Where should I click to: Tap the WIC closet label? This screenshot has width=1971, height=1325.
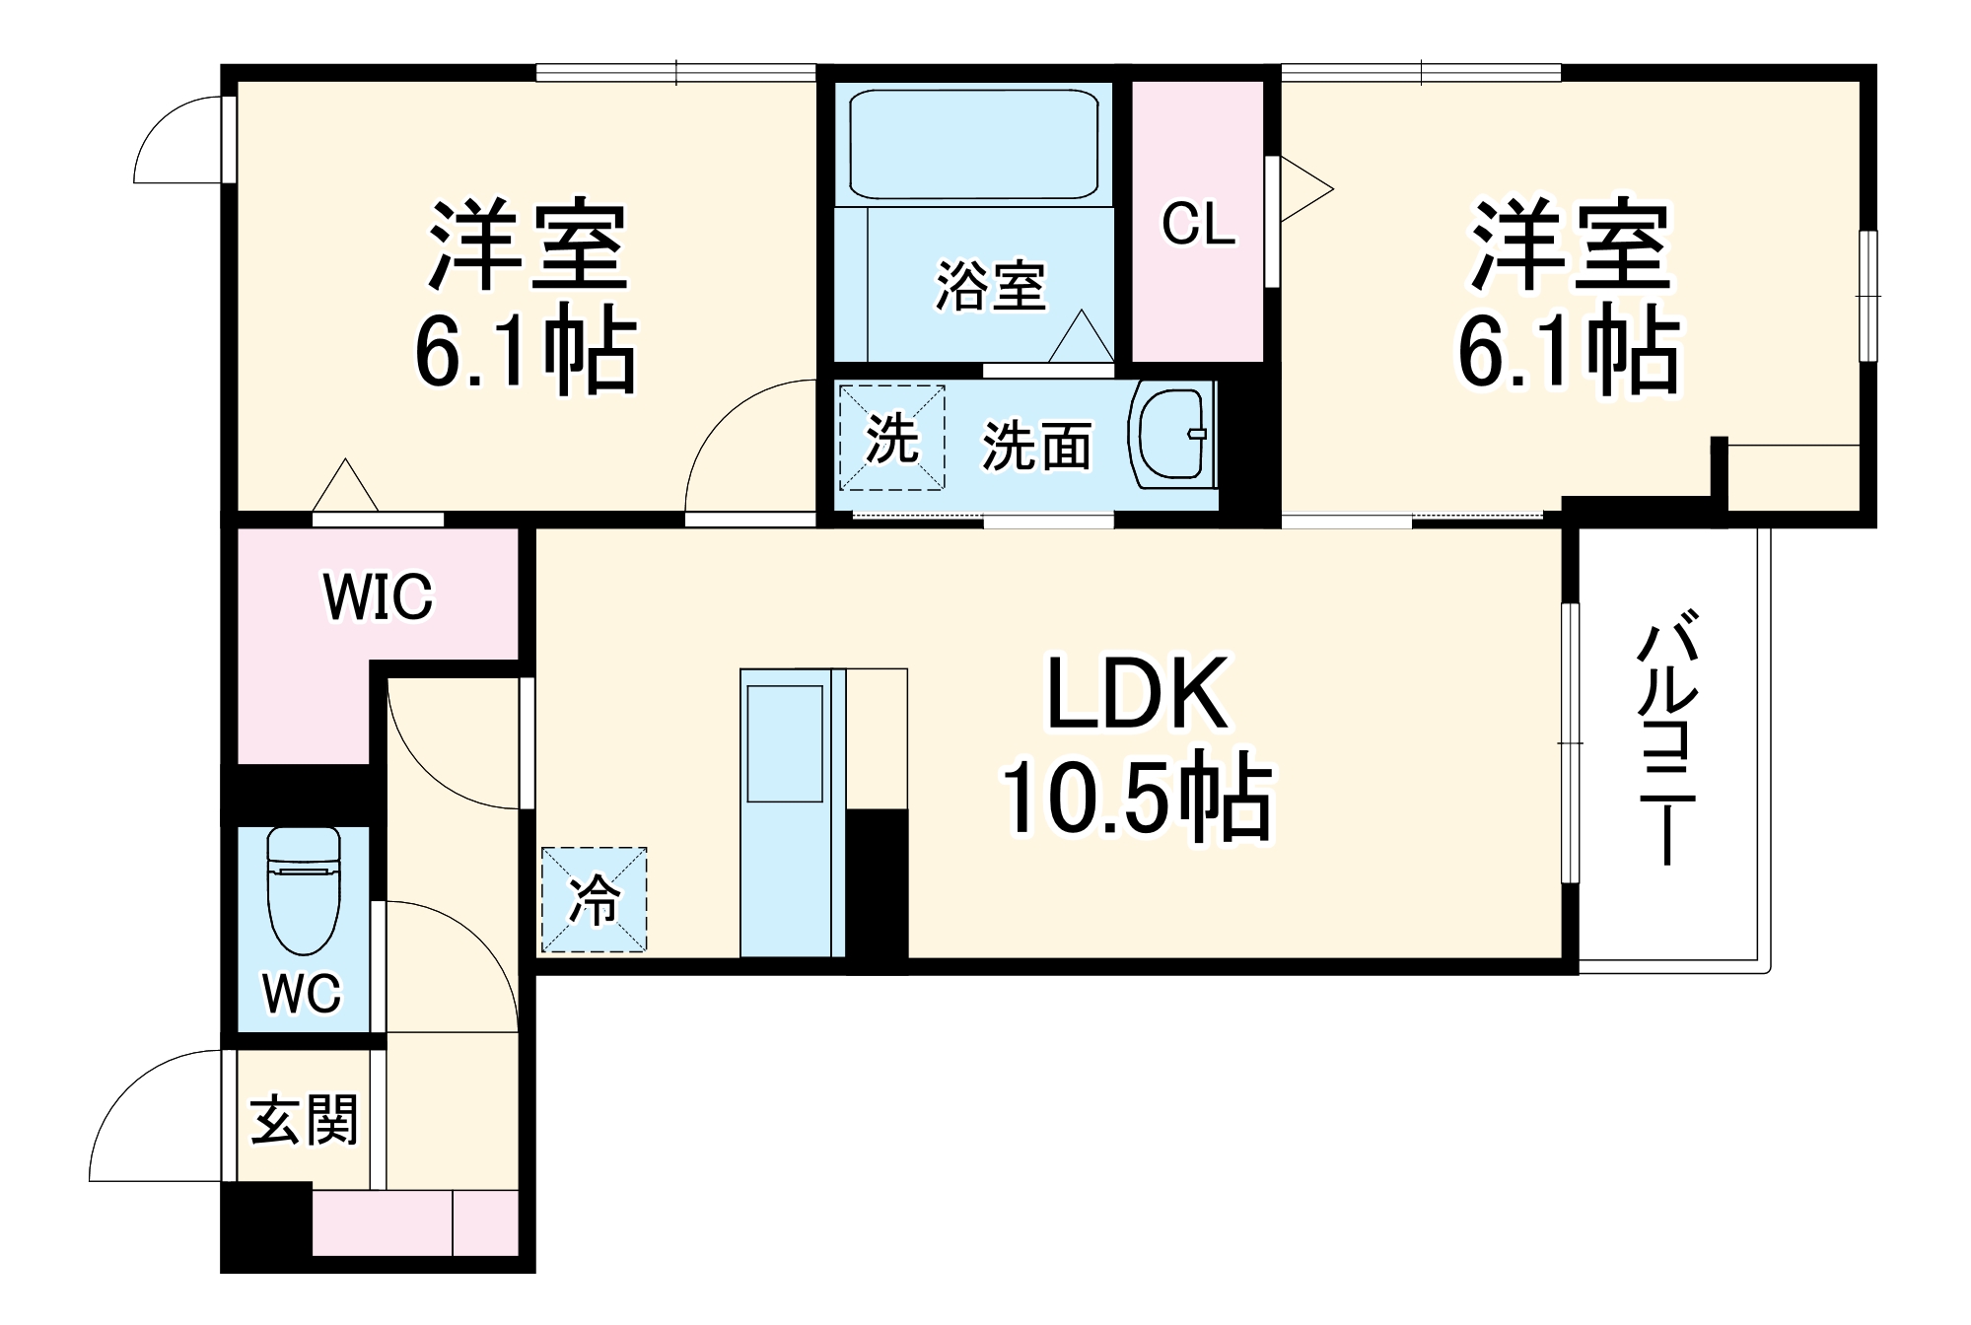378,596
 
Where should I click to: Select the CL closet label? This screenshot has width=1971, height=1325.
1198,224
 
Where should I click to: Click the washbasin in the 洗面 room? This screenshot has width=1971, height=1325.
1170,435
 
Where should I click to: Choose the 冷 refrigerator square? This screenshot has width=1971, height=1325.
595,899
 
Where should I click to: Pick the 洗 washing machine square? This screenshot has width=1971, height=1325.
891,438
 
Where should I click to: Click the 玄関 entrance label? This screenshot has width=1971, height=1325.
304,1120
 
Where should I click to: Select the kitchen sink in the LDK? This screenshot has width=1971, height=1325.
785,743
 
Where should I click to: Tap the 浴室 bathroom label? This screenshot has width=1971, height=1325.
990,286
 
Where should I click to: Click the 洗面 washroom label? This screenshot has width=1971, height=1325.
1036,447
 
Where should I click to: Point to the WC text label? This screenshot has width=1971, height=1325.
302,993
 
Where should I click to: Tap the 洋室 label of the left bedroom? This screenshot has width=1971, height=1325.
528,245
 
